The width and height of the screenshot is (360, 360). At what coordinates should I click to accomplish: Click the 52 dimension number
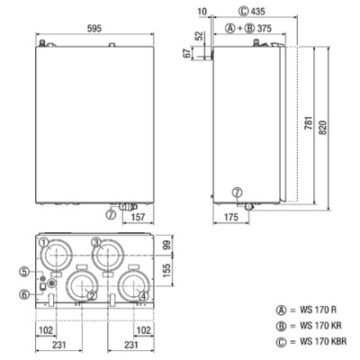pyautogui.click(x=199, y=36)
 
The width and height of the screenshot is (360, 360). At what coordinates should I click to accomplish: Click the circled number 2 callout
pyautogui.click(x=91, y=294)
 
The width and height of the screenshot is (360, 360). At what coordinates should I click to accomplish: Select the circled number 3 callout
pyautogui.click(x=95, y=241)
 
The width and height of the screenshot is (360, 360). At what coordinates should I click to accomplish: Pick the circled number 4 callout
pyautogui.click(x=144, y=294)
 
